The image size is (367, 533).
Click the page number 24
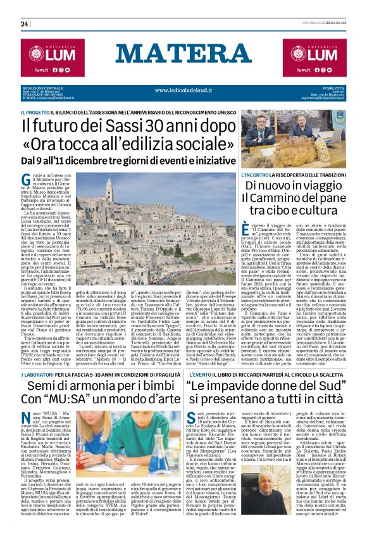25,23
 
